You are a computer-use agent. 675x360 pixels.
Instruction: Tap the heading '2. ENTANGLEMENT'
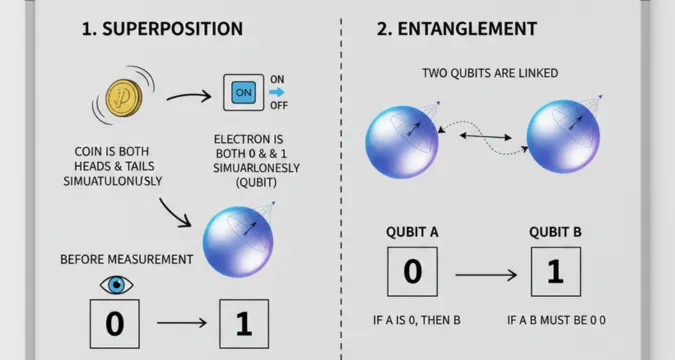456,28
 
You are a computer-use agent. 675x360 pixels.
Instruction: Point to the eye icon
118,286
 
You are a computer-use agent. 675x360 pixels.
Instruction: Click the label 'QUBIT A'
412,232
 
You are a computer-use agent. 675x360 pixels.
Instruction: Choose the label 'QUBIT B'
555,232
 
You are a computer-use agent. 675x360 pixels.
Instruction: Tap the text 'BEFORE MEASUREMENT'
127,259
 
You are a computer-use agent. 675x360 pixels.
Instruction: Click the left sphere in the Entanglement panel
400,140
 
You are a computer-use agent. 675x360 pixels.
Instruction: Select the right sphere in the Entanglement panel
562,140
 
